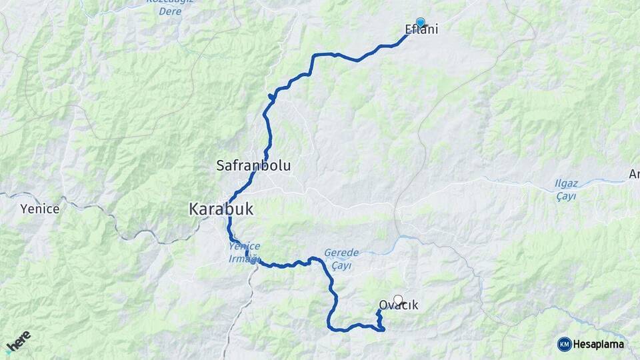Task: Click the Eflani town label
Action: point(421,30)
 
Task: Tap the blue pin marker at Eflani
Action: point(421,22)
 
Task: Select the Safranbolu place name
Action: point(253,165)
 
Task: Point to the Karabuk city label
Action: point(221,209)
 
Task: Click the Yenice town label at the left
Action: point(40,209)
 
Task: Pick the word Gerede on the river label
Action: point(341,253)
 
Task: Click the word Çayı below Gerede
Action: point(341,265)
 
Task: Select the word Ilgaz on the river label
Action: point(566,184)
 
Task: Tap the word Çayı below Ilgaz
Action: point(566,196)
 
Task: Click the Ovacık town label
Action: point(398,305)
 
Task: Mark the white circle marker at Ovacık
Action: point(398,300)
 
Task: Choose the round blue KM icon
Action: point(564,344)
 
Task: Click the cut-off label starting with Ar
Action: point(633,175)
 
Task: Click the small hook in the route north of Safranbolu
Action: point(271,97)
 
